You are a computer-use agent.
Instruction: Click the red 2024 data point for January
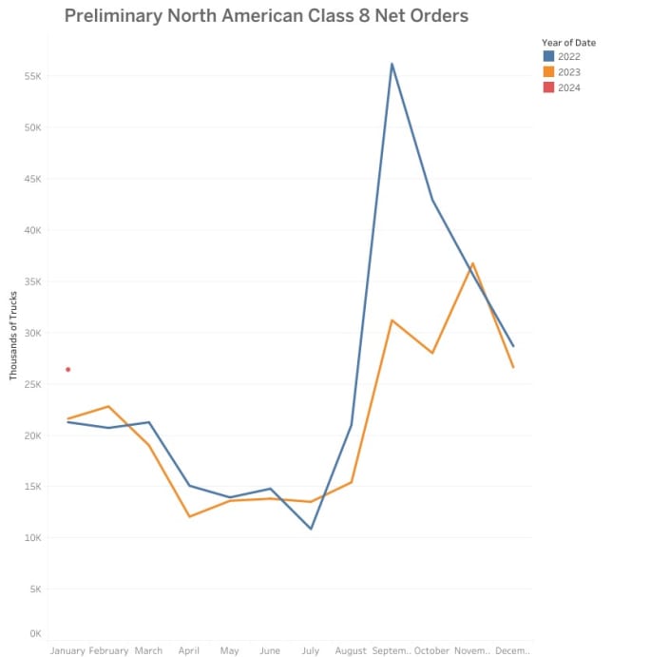(x=67, y=369)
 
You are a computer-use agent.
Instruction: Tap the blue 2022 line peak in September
(x=392, y=64)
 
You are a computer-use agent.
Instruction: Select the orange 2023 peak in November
(x=472, y=263)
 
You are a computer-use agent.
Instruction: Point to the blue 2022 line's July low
(x=311, y=529)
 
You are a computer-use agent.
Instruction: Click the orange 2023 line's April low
(x=189, y=516)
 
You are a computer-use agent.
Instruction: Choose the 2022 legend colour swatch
(x=547, y=57)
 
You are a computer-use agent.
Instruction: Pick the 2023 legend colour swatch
(x=547, y=72)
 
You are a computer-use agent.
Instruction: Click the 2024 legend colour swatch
(x=547, y=87)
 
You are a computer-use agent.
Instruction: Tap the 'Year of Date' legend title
(x=568, y=43)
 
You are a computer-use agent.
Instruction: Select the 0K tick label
(x=34, y=633)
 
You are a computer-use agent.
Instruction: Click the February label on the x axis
(x=108, y=650)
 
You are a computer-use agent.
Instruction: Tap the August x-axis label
(x=351, y=650)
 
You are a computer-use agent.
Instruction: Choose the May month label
(x=229, y=650)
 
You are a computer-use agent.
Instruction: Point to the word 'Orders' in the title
(x=436, y=16)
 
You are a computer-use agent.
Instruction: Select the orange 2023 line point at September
(x=392, y=320)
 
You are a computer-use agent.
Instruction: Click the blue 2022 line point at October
(x=432, y=200)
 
